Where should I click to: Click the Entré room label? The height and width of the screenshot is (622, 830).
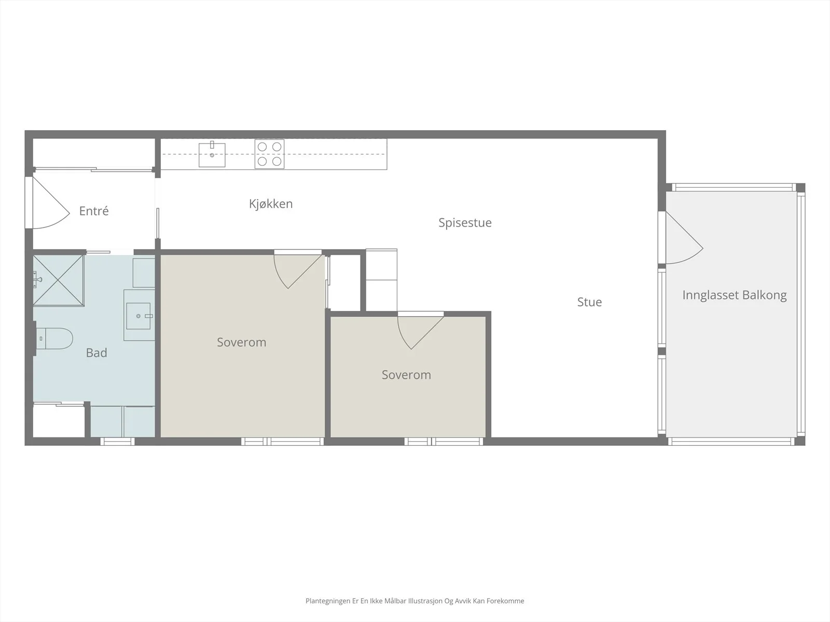pos(94,211)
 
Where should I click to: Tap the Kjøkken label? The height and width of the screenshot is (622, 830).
pos(271,204)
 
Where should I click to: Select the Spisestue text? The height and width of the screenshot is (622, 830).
pos(465,223)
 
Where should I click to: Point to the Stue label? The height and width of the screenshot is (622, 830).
pos(589,302)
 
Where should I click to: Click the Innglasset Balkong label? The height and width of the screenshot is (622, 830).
pos(735,295)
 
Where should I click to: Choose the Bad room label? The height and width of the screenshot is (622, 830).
pos(96,353)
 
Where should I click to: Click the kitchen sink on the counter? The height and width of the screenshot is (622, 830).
pos(212,154)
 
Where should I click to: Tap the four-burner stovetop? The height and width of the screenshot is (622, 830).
pos(270,154)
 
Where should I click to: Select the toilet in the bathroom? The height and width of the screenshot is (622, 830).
pos(54,338)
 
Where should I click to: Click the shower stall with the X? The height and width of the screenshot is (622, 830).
pos(58,280)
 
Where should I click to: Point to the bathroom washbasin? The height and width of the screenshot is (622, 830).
pos(139,316)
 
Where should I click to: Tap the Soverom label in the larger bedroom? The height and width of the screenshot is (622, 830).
pos(242,342)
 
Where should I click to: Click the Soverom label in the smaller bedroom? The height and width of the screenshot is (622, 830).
pos(406,375)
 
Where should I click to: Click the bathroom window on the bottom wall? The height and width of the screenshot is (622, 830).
pos(118,441)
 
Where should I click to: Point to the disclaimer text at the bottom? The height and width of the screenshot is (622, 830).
pos(415,601)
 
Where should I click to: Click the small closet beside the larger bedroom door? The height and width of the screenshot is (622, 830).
pos(344,283)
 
